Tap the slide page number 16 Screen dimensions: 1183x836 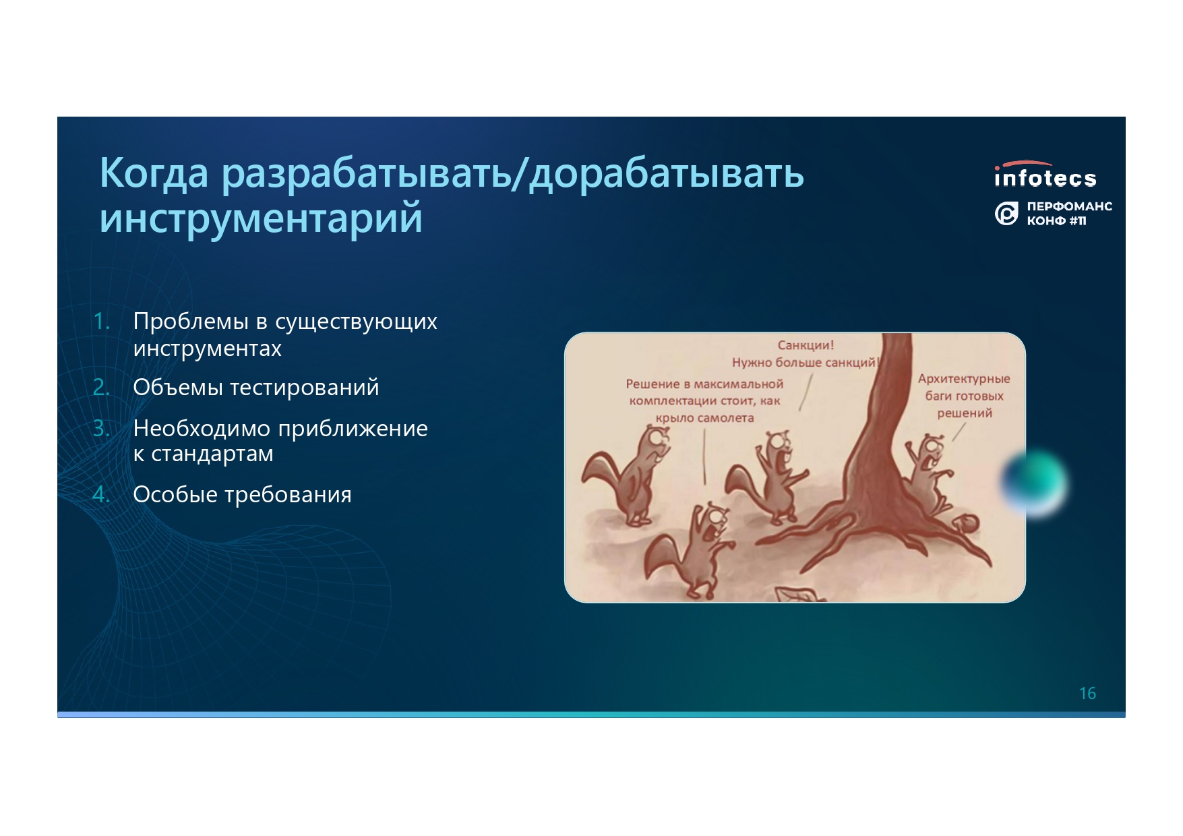[1087, 693]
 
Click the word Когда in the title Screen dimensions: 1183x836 [154, 173]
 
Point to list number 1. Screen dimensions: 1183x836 [101, 321]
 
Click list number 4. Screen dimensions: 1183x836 [101, 494]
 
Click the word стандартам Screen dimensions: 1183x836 [212, 454]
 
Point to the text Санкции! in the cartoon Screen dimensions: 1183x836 [806, 345]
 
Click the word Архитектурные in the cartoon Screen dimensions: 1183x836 [964, 379]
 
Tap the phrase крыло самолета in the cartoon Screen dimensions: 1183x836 [704, 418]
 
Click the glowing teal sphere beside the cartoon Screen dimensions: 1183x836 [1034, 483]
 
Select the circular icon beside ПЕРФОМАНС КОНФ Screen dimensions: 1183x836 [1006, 214]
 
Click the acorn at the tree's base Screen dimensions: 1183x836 [966, 522]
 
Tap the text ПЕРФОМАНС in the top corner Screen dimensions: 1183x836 [1069, 206]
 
